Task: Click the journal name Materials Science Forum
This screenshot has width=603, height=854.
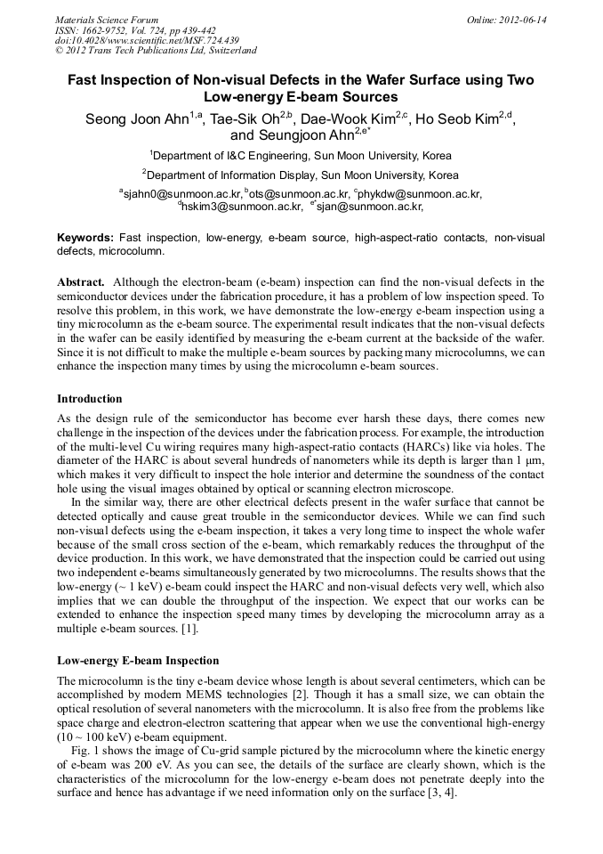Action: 107,20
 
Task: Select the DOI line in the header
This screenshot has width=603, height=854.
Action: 147,40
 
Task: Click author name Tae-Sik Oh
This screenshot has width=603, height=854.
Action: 245,118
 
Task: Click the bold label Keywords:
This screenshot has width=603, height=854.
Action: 85,238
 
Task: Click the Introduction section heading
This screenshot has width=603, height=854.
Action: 90,398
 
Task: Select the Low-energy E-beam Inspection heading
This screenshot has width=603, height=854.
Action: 138,661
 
